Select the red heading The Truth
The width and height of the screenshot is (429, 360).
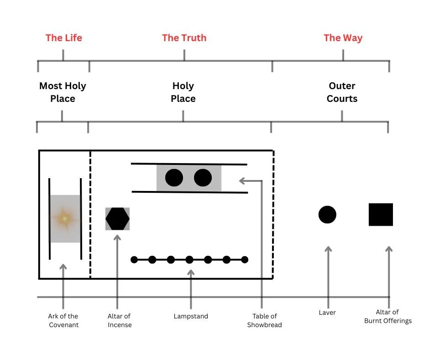pos(184,38)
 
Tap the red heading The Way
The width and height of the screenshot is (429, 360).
pos(343,38)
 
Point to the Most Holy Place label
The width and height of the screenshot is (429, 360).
pos(63,92)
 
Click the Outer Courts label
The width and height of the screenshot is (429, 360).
pos(342,92)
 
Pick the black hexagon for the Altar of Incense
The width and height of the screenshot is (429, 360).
pos(117,219)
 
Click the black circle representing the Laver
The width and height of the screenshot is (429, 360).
pos(327,215)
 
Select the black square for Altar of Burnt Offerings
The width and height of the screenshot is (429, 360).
pos(381,215)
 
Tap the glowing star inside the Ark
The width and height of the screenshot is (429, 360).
pos(65,218)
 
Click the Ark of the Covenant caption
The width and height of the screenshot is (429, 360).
pos(63,320)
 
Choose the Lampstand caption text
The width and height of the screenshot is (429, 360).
pos(191,316)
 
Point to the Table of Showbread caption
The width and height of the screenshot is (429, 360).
pos(264,320)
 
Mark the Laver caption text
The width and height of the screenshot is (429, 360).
pos(327,312)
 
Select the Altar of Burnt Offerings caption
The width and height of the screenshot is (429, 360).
pos(388,316)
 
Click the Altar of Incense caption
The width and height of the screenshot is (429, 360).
pos(120,320)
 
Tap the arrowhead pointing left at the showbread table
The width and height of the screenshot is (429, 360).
pos(242,180)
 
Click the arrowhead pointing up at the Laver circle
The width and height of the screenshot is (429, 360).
pos(328,249)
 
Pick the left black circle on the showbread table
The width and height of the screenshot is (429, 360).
pos(174,178)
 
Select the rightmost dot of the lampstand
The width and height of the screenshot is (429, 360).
pos(245,260)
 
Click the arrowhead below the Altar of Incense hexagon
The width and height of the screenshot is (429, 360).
pos(117,238)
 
